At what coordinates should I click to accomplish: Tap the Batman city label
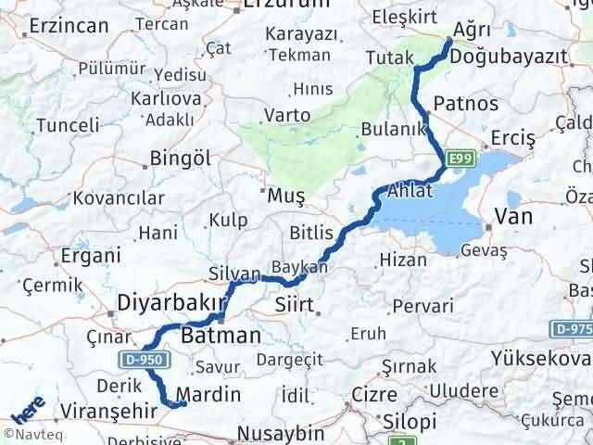pyautogui.click(x=220, y=334)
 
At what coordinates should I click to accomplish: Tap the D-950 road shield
pyautogui.click(x=134, y=359)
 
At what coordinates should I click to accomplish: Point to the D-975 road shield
pyautogui.click(x=574, y=328)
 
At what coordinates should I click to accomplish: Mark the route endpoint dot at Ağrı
pyautogui.click(x=449, y=41)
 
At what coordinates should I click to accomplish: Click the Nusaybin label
pyautogui.click(x=281, y=433)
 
